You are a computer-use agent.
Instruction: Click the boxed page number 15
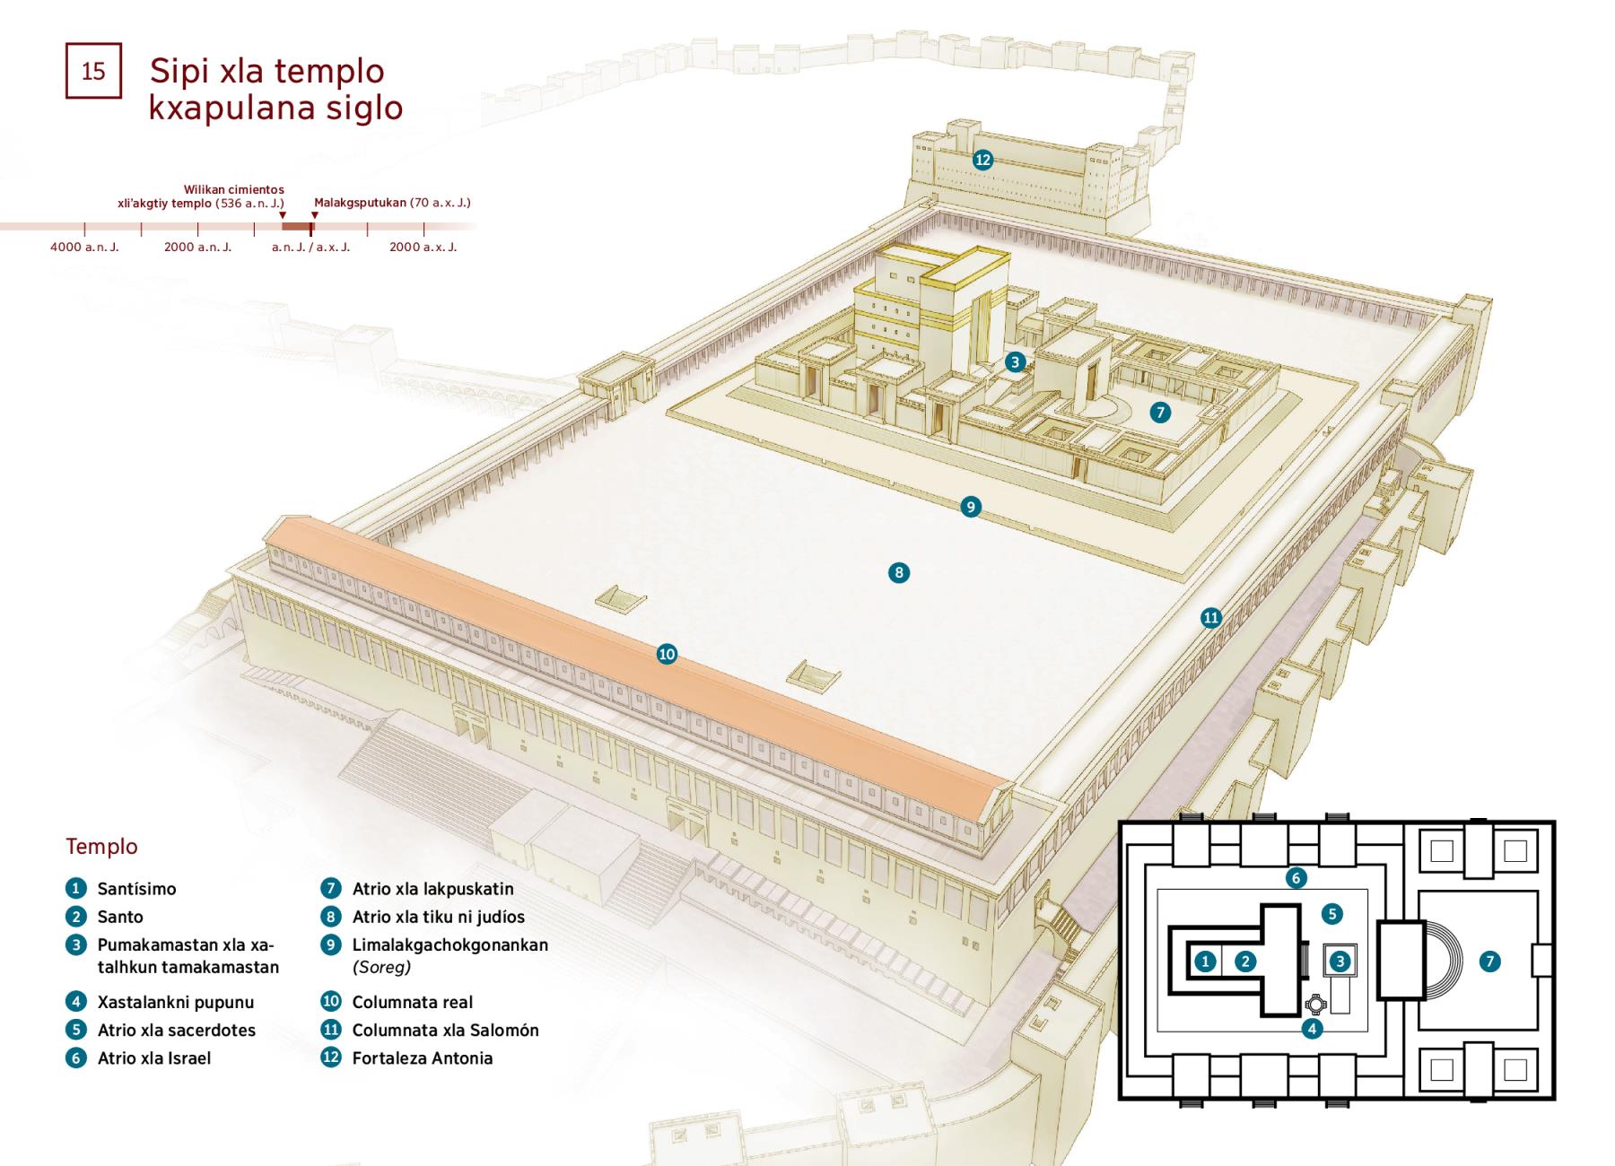tap(93, 71)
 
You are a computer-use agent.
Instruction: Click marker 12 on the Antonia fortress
tap(982, 160)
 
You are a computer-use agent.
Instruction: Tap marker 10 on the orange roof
tap(667, 654)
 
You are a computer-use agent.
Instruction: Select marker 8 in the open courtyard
tap(898, 572)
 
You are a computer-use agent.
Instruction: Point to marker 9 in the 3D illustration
tap(970, 507)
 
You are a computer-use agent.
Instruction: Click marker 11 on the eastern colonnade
tap(1211, 617)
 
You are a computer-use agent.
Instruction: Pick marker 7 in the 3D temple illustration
tap(1160, 412)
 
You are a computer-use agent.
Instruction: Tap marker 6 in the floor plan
tap(1295, 877)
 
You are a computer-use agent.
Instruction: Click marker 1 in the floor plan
tap(1205, 962)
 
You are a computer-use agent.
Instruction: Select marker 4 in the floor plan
tap(1312, 1029)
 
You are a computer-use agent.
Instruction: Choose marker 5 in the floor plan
tap(1331, 914)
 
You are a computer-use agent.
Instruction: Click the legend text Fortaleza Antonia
tap(422, 1058)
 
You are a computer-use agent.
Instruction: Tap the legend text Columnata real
tap(412, 1002)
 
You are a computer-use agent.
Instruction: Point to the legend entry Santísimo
tap(136, 889)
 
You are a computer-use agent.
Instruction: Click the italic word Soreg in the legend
tap(381, 967)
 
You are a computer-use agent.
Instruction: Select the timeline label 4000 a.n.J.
tap(84, 247)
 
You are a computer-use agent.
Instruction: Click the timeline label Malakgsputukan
tap(360, 203)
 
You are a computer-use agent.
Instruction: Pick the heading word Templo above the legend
tap(101, 847)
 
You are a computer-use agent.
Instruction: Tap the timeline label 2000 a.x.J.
tap(423, 247)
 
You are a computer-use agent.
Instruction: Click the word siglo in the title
tap(363, 108)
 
